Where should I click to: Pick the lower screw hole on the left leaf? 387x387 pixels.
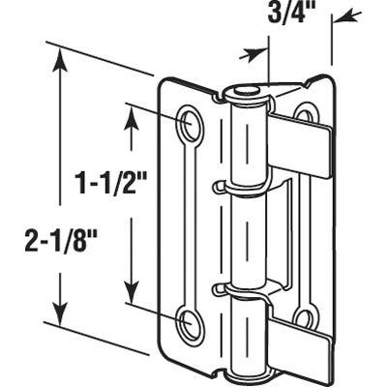190,323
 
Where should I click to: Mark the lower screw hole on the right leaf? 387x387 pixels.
304,316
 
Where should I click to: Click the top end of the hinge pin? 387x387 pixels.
242,94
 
